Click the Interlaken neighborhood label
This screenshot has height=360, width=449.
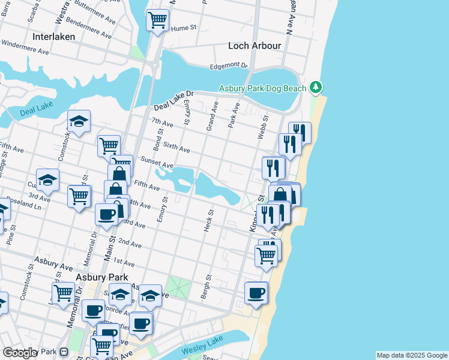coord(53,36)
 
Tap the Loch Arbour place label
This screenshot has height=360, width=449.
coord(255,46)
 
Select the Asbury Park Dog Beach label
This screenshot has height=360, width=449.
coord(262,88)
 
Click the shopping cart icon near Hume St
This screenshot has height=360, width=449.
coord(157,20)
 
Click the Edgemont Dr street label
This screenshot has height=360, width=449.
coord(229,66)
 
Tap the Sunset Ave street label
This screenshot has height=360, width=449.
coord(157,162)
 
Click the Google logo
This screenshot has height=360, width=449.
coord(20,353)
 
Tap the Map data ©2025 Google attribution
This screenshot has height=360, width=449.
coord(412,355)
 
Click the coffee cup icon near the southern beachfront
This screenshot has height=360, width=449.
coord(256,293)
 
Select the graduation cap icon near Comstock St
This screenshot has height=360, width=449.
coord(79,122)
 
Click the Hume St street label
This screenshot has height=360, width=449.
coord(185,28)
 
